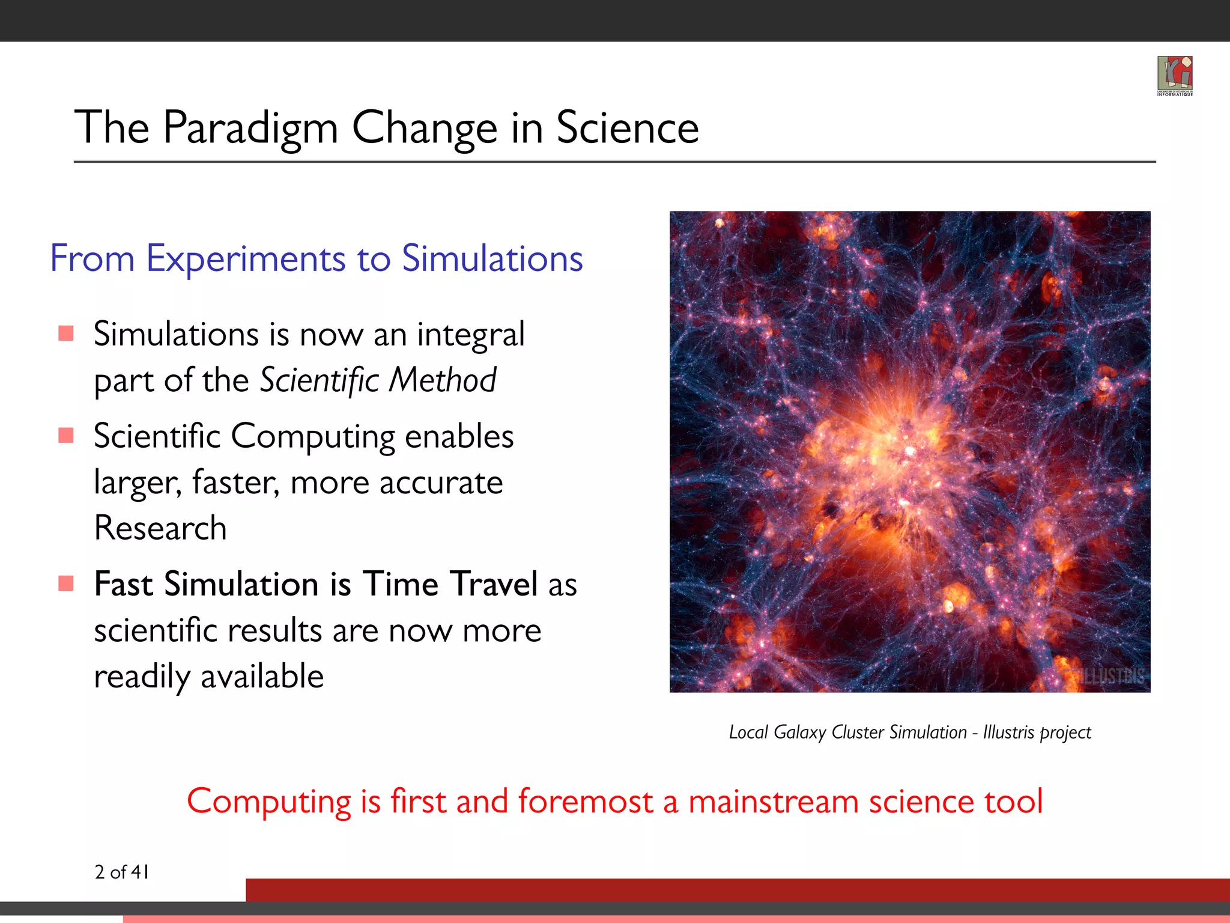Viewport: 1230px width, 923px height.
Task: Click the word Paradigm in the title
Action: pos(250,129)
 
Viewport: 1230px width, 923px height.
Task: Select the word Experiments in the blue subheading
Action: pos(246,260)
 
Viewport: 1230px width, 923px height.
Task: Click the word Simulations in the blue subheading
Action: pos(492,258)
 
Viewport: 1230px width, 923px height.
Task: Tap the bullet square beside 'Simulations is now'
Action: pos(66,334)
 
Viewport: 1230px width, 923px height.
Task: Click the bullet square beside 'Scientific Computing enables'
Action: pos(66,435)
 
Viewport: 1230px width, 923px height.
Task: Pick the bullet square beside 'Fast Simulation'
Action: pos(66,583)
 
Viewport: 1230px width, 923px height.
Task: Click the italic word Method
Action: pos(443,380)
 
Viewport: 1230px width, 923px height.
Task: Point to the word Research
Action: pos(160,528)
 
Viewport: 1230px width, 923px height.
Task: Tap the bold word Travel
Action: pos(494,584)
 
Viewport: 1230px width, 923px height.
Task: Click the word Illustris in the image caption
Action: pos(1008,732)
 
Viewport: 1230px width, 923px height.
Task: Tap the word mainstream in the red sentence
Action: pos(773,802)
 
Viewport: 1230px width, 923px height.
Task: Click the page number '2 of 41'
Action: pos(122,872)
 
